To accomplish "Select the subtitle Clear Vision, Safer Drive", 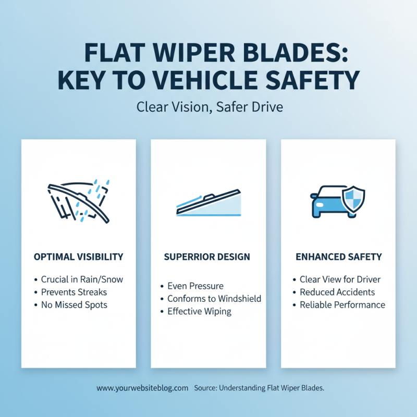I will tap(208, 107).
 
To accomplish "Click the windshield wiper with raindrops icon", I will tap(78, 201).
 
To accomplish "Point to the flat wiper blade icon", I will tap(208, 204).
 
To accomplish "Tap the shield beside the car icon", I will tap(353, 199).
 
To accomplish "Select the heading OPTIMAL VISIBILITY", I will tap(78, 257).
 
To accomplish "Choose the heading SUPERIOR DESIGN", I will tap(208, 257).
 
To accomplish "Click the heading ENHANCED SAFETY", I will tap(339, 257).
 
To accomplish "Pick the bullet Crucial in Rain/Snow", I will tap(82, 279).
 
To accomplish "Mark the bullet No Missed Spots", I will tap(74, 305).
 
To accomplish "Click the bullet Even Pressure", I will tap(195, 286).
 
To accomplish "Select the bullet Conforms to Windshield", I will tap(214, 299).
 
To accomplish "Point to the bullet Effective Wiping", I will tap(199, 312).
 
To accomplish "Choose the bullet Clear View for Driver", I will tap(340, 279).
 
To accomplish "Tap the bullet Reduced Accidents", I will tap(337, 292).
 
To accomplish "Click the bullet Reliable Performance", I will tap(342, 305).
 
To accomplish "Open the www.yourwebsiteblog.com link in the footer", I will tap(142, 388).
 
